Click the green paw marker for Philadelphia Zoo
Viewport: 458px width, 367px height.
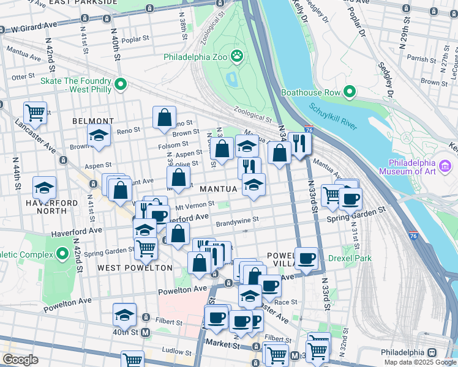pos(237,57)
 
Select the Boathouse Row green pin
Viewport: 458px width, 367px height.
pos(350,92)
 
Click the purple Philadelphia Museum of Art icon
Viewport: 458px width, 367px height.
pos(445,166)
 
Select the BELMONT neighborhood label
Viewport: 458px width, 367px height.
pos(93,121)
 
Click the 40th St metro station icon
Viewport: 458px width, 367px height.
pos(146,333)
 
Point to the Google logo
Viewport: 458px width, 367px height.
pos(20,360)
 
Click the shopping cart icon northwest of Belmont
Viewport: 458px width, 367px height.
pos(36,112)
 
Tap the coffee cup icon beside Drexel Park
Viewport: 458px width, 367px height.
pos(307,258)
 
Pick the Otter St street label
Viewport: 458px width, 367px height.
pos(21,76)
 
